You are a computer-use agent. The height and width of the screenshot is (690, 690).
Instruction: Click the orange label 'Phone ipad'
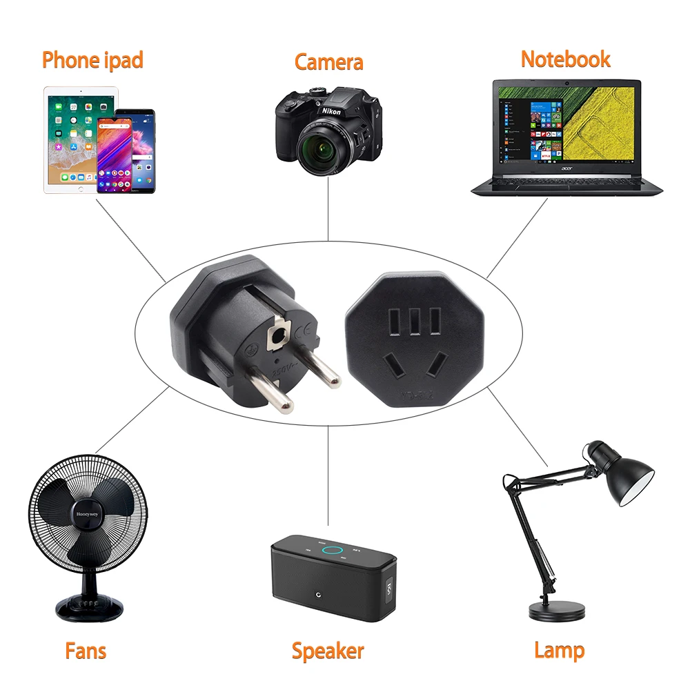(92, 60)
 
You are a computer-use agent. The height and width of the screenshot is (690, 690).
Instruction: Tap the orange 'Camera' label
(328, 61)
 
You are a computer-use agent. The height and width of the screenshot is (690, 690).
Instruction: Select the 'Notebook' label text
(565, 59)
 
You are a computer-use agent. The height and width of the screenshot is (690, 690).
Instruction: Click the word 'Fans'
(86, 650)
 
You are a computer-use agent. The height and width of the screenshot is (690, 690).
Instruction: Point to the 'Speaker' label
(327, 650)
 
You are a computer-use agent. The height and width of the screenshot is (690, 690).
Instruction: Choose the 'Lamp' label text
(559, 650)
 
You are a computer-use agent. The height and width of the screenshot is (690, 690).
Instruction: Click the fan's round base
(90, 607)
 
